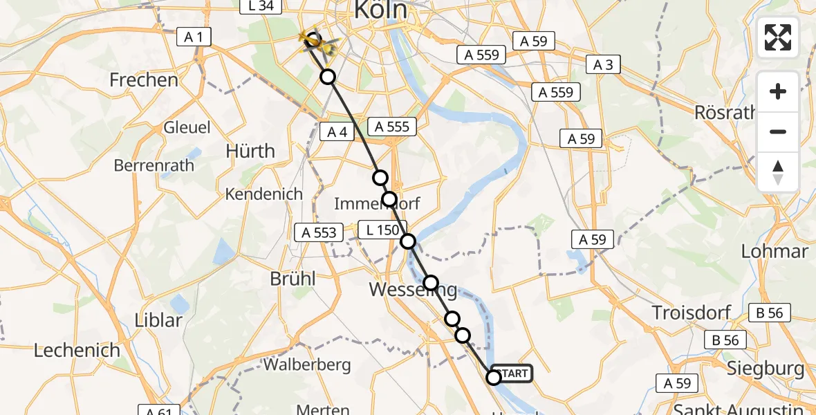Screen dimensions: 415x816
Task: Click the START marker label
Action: click(x=512, y=373)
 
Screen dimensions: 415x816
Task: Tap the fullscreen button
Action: click(x=778, y=37)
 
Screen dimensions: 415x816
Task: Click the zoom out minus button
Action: click(x=778, y=131)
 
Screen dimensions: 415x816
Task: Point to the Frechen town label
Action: click(x=144, y=80)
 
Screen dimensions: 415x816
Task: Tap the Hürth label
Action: click(x=250, y=151)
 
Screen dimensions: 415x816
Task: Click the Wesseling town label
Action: click(x=413, y=289)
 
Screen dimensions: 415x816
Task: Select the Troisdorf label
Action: click(x=692, y=313)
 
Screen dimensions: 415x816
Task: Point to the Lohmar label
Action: click(x=775, y=251)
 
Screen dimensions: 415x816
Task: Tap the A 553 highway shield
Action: click(x=319, y=232)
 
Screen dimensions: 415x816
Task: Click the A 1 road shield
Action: click(x=194, y=37)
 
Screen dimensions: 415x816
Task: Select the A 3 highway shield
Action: click(x=602, y=65)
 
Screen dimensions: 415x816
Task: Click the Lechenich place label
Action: click(x=77, y=351)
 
